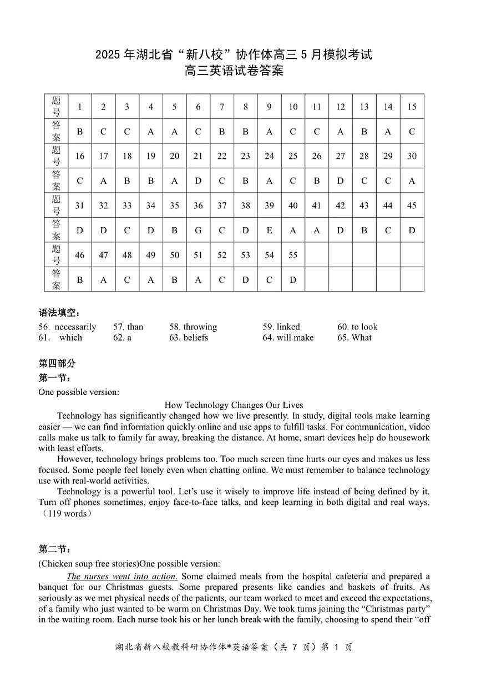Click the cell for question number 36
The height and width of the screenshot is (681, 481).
198,206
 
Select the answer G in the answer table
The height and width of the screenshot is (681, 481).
198,230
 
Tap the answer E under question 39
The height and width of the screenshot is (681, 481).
269,230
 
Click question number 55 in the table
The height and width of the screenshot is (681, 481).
293,255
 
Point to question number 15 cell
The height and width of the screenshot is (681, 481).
412,107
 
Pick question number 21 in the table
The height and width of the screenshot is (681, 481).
198,156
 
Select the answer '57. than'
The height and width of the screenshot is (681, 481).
128,327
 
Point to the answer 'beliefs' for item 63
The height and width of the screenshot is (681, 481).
195,337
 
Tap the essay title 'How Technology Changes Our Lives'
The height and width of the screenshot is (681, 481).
234,405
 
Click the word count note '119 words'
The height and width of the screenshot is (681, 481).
67,513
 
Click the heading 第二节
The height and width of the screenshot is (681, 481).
54,549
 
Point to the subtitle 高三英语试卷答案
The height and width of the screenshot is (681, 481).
234,71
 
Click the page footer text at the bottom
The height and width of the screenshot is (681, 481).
234,647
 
